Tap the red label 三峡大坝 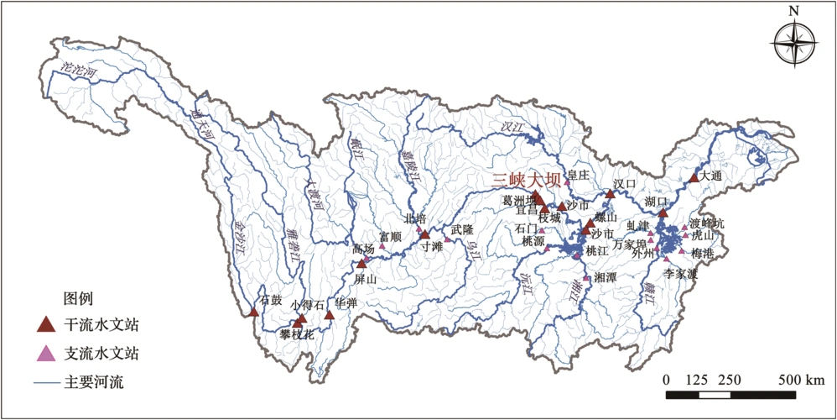(x=525, y=179)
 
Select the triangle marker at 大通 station (x=694, y=178)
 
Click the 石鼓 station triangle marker (x=254, y=312)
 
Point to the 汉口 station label (x=626, y=183)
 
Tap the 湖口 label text (x=658, y=202)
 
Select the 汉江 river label (x=512, y=127)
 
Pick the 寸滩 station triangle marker (x=425, y=234)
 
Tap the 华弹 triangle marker (x=330, y=315)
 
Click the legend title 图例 (x=78, y=298)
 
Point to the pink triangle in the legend (x=47, y=353)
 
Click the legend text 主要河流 (x=94, y=382)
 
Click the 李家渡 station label (x=681, y=274)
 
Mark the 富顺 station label (x=390, y=237)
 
